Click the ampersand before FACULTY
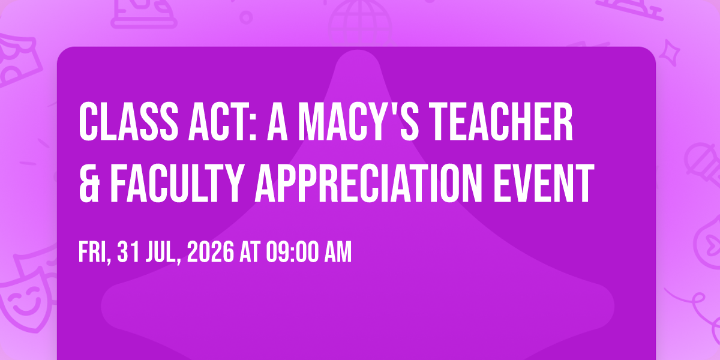click(89, 183)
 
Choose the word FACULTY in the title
click(177, 183)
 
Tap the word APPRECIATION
click(368, 183)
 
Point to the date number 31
click(128, 252)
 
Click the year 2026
click(211, 252)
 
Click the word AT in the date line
click(250, 252)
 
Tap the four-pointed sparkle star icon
click(670, 53)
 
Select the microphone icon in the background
click(703, 164)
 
